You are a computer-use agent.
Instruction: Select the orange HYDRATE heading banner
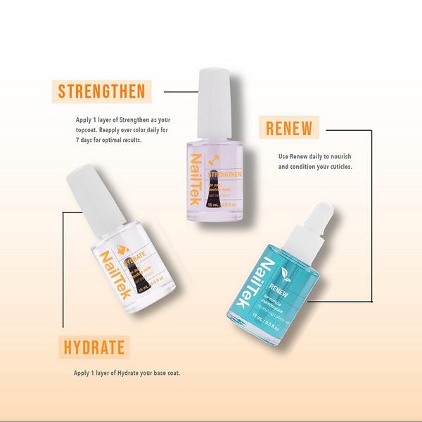[93, 346]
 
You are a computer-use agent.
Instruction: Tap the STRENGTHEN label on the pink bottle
[223, 172]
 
